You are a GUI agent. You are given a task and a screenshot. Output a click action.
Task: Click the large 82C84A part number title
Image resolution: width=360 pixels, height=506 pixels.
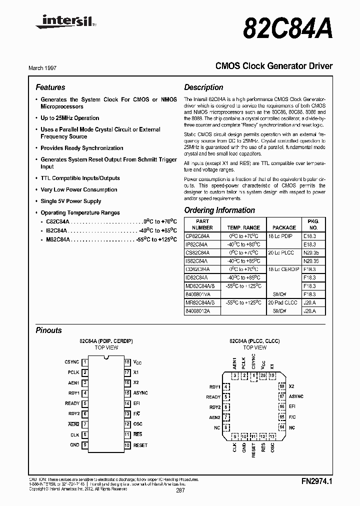click(287, 26)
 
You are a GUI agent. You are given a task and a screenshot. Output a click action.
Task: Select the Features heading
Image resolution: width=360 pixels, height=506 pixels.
click(50, 87)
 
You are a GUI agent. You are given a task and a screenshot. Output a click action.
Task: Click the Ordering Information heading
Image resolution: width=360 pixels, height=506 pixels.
click(219, 210)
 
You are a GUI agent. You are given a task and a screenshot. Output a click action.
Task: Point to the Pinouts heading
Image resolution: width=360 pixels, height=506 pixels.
click(49, 330)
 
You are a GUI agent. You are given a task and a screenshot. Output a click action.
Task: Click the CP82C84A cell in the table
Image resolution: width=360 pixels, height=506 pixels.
click(198, 235)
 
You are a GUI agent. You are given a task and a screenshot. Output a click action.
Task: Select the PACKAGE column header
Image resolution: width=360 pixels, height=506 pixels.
click(284, 227)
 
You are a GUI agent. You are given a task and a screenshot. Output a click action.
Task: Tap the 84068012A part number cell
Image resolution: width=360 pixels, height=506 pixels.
click(198, 311)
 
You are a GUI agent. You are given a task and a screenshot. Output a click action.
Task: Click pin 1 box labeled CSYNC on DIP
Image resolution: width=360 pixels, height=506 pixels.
click(85, 362)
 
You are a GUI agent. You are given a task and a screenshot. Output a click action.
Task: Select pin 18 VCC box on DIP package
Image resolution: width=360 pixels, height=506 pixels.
click(127, 362)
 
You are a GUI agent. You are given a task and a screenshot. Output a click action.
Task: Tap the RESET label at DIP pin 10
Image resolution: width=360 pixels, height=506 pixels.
click(140, 445)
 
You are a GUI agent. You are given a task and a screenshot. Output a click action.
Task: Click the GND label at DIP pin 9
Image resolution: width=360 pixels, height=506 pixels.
click(74, 445)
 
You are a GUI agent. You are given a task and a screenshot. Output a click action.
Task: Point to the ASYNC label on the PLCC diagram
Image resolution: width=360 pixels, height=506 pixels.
click(296, 396)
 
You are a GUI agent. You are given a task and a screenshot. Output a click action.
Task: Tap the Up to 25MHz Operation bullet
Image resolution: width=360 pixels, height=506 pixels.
click(69, 118)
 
